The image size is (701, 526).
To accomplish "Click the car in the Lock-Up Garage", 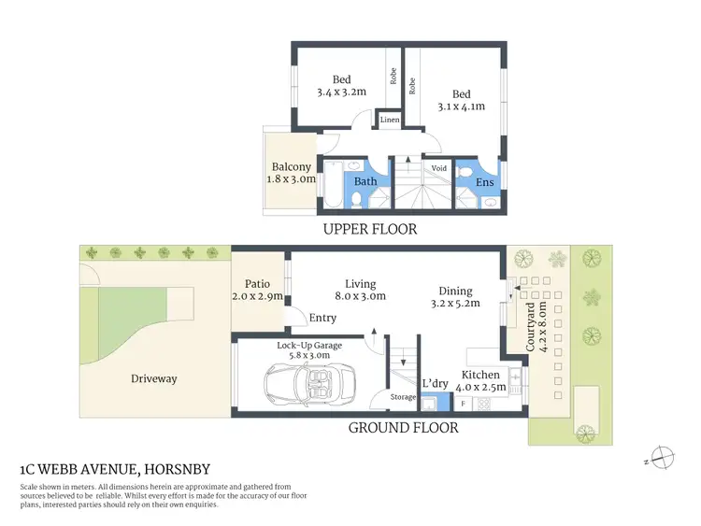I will pyautogui.click(x=309, y=383).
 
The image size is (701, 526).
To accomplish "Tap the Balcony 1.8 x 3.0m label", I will pyautogui.click(x=292, y=173).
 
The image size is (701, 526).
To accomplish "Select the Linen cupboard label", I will pyautogui.click(x=388, y=121).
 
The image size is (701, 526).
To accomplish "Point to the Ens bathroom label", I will pyautogui.click(x=486, y=182).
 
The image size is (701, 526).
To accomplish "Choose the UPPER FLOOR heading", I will pyautogui.click(x=369, y=229).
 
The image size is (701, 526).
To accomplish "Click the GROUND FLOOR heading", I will pyautogui.click(x=403, y=428).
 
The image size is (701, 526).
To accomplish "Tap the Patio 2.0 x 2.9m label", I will pyautogui.click(x=257, y=290).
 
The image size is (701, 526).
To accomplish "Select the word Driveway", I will pyautogui.click(x=153, y=378).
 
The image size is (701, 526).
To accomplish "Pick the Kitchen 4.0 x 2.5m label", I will pyautogui.click(x=482, y=380).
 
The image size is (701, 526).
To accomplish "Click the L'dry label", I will pyautogui.click(x=435, y=383).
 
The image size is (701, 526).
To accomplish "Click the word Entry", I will pyautogui.click(x=322, y=319).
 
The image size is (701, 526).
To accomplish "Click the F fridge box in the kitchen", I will pyautogui.click(x=462, y=404).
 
